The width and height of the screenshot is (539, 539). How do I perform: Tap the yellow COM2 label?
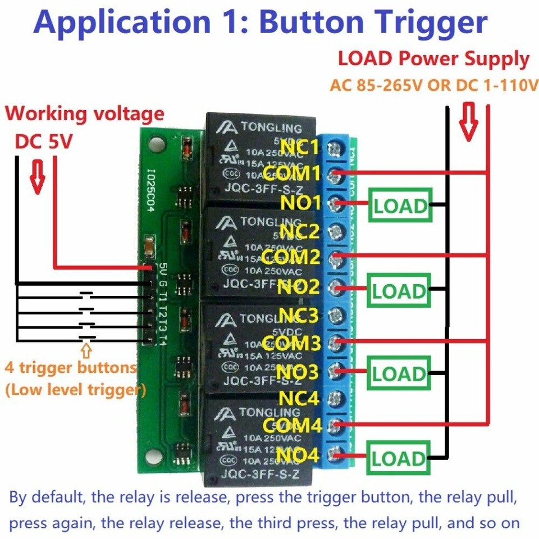pos(292,258)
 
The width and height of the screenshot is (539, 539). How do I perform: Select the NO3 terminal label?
pos(299,371)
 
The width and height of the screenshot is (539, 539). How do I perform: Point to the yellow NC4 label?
pos(299,399)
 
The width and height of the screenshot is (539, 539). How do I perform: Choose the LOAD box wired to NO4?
pos(399,458)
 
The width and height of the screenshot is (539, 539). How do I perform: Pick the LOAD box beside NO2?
pos(399,291)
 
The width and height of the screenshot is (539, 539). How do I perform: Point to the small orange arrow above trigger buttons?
pos(86,351)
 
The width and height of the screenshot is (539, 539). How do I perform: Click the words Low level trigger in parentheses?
pos(75,389)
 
